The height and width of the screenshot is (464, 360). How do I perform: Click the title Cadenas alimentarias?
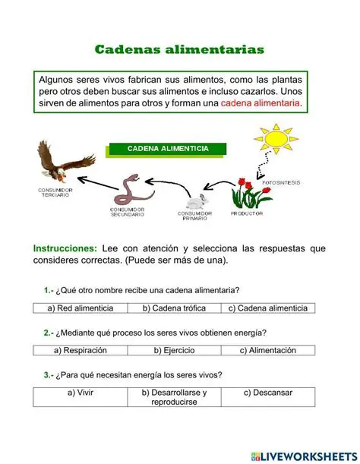point(179,49)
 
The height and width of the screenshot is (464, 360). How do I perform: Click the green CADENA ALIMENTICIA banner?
point(168,148)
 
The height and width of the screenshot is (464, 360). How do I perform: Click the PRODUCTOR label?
point(248,214)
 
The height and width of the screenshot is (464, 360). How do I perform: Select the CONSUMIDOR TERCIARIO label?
point(55,192)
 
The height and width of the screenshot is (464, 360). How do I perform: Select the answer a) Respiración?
point(80,351)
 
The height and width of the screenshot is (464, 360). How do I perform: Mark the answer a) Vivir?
point(80,393)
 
